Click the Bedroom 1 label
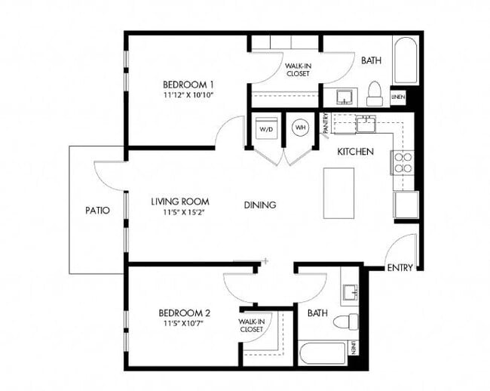[188, 84]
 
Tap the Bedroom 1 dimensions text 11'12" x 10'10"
[188, 96]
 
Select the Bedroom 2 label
[184, 312]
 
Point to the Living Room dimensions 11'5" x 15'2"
[179, 213]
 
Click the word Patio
[97, 211]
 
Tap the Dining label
[259, 205]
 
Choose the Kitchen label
[355, 152]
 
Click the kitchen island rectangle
[338, 193]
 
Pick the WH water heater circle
[300, 127]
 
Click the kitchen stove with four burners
[402, 162]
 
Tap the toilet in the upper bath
[374, 94]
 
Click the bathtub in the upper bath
[406, 60]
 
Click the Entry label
[399, 268]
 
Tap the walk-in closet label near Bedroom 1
[299, 69]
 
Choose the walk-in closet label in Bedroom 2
[251, 325]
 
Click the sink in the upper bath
[344, 97]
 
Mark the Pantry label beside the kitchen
[325, 123]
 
